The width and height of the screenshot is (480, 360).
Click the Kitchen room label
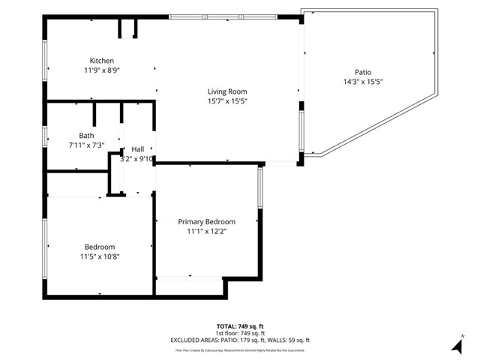(x=102, y=61)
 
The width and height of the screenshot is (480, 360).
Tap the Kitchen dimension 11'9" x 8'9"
(x=102, y=70)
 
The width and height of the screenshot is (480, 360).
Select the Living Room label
(x=227, y=91)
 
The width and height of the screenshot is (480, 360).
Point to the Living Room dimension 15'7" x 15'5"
(x=227, y=100)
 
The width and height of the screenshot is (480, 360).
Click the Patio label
(x=363, y=72)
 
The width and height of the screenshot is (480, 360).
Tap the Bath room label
(x=87, y=136)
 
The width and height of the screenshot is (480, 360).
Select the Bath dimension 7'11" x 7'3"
(x=87, y=145)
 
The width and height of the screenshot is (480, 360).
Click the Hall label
(x=138, y=149)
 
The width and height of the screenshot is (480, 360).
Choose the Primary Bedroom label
(x=206, y=222)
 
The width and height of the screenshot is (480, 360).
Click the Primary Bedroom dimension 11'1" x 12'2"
(x=206, y=231)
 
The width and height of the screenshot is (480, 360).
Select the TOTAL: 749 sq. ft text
(x=240, y=326)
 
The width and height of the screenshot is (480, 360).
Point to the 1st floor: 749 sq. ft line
(x=240, y=333)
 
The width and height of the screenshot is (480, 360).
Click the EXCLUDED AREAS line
(x=240, y=340)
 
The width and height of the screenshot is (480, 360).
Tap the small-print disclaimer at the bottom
(x=240, y=350)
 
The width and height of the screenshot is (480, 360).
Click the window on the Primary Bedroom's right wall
(x=260, y=187)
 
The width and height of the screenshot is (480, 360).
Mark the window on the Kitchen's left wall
(x=45, y=58)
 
